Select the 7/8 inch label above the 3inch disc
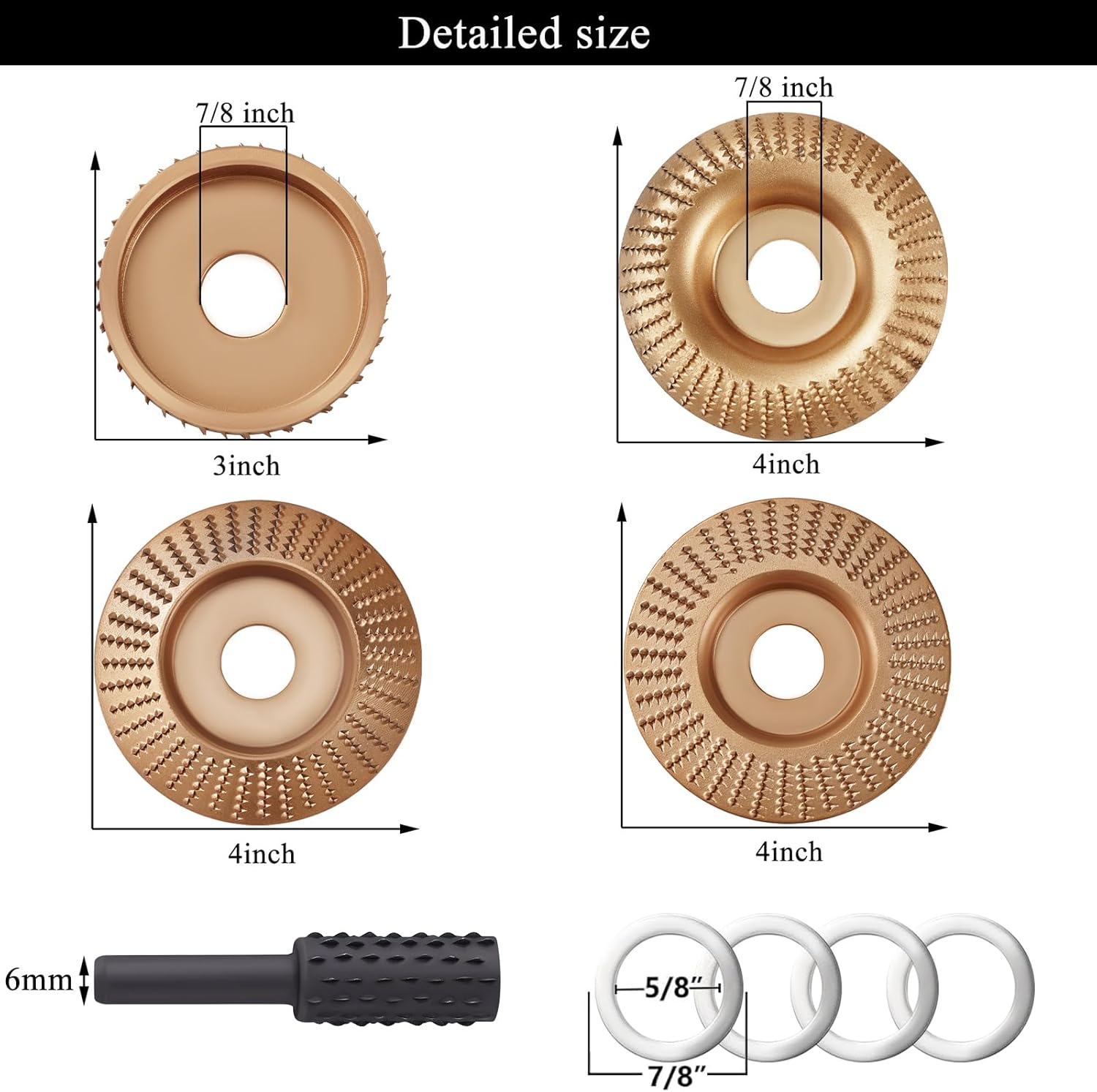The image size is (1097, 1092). point(245,113)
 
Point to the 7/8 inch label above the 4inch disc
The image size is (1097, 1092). point(784,88)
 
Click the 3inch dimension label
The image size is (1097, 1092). point(246,466)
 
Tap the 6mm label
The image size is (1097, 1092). point(38,980)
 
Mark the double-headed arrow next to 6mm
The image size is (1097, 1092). point(84,980)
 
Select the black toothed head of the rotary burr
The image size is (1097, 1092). point(396,978)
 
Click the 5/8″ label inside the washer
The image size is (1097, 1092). point(668,989)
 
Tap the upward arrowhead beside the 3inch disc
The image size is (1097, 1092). point(95,161)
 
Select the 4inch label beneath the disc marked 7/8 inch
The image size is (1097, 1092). point(786,464)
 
